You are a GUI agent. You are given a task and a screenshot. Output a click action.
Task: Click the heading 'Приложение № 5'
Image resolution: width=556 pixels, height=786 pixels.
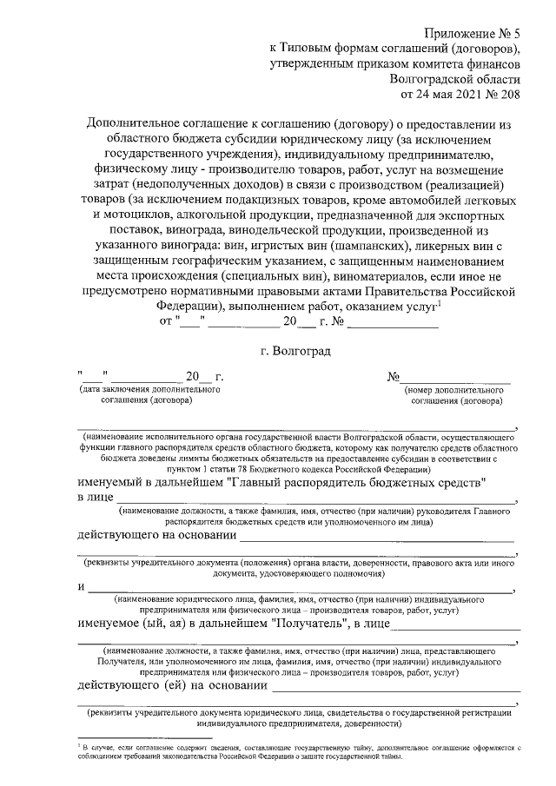point(477,31)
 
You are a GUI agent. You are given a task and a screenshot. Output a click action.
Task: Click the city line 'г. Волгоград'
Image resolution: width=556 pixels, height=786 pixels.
point(295,351)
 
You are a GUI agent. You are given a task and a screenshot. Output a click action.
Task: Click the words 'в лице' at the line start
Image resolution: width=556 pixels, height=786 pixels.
point(96,498)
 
